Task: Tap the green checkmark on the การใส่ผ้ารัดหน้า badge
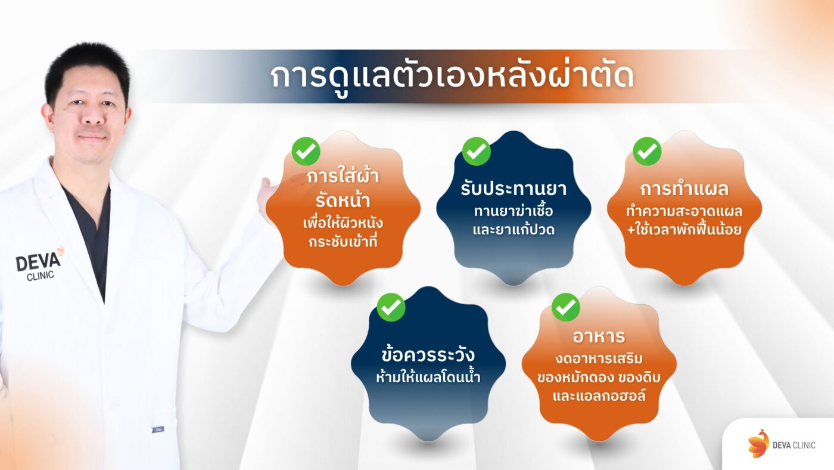point(306,151)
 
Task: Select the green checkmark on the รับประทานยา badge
point(476,151)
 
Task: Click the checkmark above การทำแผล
point(647,151)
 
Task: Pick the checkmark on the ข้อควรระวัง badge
point(391,307)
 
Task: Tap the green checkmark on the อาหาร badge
point(565,307)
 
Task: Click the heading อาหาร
point(599,336)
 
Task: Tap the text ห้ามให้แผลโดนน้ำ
point(428,377)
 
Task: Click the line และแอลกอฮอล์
point(599,397)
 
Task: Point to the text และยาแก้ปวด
point(514,230)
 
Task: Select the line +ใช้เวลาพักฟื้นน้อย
point(684,230)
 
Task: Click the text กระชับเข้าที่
point(343,243)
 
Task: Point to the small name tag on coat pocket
point(157,429)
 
